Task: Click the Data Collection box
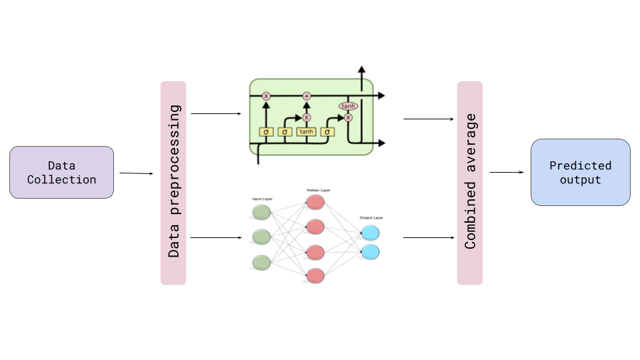pyautogui.click(x=61, y=172)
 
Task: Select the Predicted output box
pyautogui.click(x=580, y=172)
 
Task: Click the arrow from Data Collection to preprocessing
pyautogui.click(x=137, y=173)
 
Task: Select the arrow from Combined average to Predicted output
pyautogui.click(x=507, y=172)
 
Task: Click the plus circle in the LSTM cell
pyautogui.click(x=307, y=96)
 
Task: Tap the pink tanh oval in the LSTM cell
pyautogui.click(x=349, y=106)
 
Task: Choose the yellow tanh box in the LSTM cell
pyautogui.click(x=307, y=131)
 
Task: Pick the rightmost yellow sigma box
pyautogui.click(x=327, y=131)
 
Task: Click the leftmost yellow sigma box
pyautogui.click(x=266, y=131)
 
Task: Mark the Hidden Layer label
pyautogui.click(x=318, y=191)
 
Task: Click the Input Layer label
pyautogui.click(x=261, y=199)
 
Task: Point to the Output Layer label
pyautogui.click(x=371, y=217)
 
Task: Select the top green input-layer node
pyautogui.click(x=261, y=212)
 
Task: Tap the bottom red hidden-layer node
pyautogui.click(x=315, y=275)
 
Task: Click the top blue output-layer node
pyautogui.click(x=370, y=233)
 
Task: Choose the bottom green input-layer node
pyautogui.click(x=261, y=262)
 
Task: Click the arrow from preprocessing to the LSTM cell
pyautogui.click(x=216, y=114)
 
